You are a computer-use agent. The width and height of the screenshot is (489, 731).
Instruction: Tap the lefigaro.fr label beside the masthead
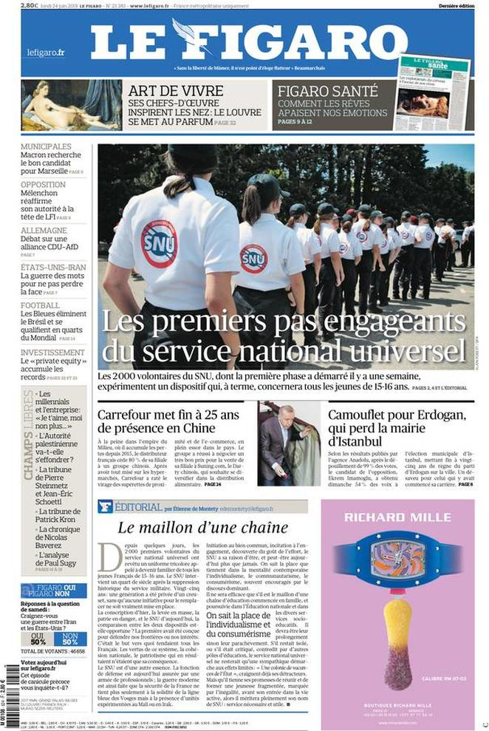[x=46, y=52]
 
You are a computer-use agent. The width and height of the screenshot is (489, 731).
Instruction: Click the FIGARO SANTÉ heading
[x=322, y=91]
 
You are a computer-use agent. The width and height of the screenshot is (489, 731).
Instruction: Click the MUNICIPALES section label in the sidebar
[x=46, y=147]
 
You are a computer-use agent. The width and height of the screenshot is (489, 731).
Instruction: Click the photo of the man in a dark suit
[x=288, y=443]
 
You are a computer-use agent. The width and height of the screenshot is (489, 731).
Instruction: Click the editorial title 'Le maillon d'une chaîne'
[x=203, y=528]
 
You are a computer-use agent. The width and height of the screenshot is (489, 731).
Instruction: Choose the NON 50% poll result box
[x=69, y=639]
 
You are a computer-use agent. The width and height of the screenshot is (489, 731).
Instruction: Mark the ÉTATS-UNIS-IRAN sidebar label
[x=53, y=267]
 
